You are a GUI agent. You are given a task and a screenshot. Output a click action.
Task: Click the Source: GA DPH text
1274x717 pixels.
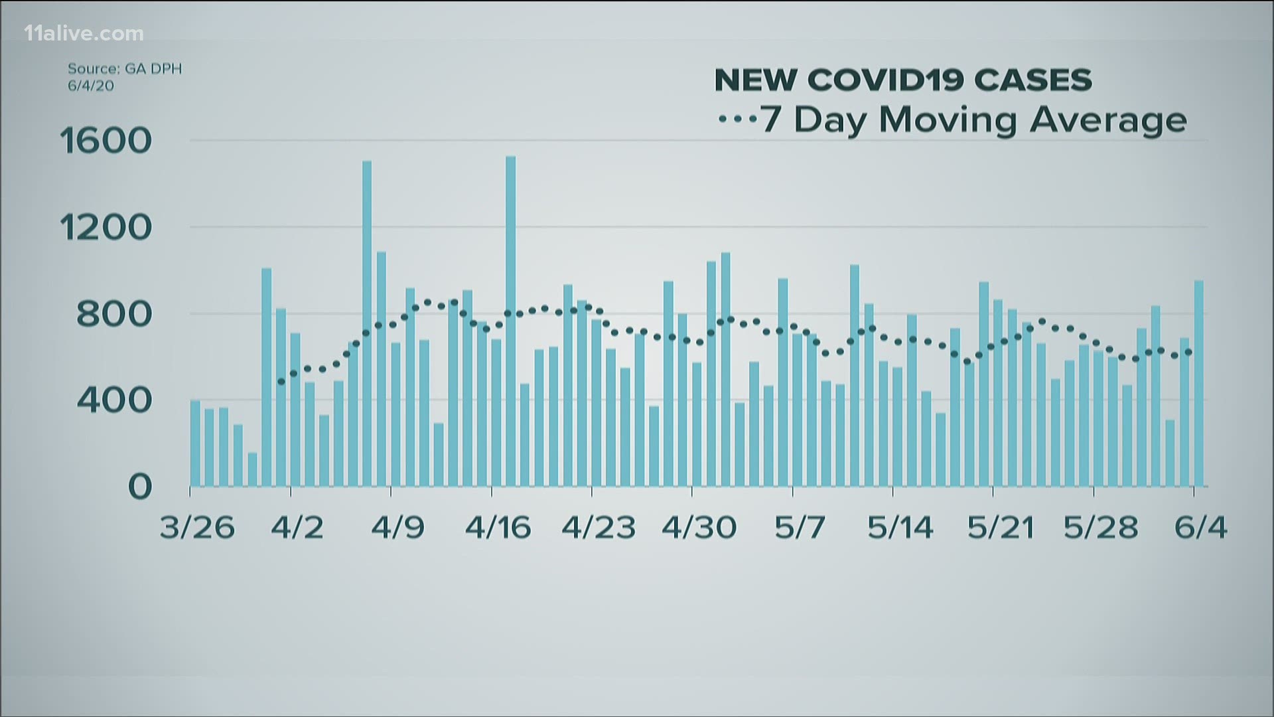click(124, 68)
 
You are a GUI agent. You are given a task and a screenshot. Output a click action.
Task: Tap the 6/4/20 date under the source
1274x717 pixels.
click(90, 86)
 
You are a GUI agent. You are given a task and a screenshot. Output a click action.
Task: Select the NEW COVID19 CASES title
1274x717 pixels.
click(902, 80)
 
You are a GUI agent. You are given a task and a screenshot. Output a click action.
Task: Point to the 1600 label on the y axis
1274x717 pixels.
click(106, 141)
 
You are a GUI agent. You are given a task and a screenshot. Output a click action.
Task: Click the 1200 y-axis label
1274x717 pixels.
click(106, 228)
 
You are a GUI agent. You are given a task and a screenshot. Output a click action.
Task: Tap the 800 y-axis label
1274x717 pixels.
click(114, 315)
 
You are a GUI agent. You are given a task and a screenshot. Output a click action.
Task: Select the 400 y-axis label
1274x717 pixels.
click(114, 400)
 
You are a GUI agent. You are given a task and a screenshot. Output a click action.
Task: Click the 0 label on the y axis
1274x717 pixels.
click(140, 487)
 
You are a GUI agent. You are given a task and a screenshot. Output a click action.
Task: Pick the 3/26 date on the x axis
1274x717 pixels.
click(197, 528)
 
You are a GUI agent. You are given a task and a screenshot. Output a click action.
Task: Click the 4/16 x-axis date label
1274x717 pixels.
click(498, 528)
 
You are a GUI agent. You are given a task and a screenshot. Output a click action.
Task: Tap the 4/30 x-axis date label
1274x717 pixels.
click(699, 528)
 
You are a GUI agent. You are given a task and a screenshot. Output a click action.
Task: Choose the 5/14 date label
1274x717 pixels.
click(900, 528)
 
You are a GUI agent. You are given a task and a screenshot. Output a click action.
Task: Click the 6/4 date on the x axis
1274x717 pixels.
click(1200, 528)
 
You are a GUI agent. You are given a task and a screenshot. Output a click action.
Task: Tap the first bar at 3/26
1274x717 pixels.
click(195, 443)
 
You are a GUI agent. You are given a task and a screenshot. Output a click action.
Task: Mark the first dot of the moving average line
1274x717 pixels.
click(281, 382)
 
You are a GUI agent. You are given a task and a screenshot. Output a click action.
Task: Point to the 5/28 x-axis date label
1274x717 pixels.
click(1101, 528)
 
